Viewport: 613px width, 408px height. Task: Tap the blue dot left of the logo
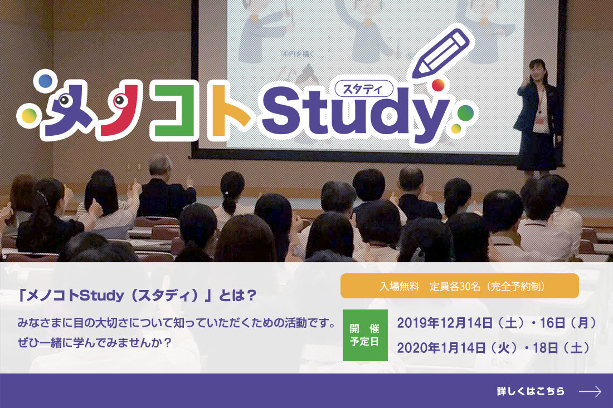[x=45, y=81]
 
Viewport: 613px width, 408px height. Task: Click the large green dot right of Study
[x=465, y=113]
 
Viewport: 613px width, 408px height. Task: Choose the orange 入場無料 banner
[x=459, y=286]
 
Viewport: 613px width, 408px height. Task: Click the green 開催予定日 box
[x=365, y=335]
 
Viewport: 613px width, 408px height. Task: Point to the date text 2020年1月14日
[x=441, y=347]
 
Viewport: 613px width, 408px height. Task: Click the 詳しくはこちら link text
[x=531, y=391]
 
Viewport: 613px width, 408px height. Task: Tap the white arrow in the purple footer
[x=590, y=391]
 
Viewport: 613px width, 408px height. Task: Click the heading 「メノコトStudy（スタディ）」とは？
[x=137, y=296]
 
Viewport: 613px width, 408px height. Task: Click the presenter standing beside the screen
[x=538, y=116]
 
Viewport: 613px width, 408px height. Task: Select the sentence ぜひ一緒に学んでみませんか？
[x=95, y=342]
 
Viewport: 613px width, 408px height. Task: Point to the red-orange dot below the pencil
[x=438, y=85]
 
